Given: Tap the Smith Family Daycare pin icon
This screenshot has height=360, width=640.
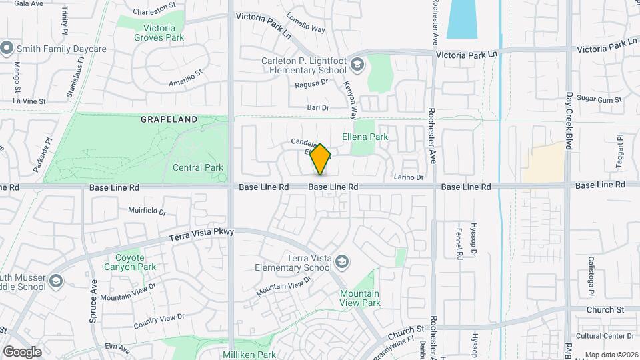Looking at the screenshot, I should click(7, 49).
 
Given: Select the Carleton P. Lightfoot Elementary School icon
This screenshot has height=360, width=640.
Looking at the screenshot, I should click(357, 64).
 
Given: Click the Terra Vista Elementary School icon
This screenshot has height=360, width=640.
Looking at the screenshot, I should click(342, 261).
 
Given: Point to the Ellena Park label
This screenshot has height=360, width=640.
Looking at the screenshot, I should click(365, 137).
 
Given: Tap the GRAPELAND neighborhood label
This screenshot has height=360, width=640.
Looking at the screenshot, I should click(169, 119).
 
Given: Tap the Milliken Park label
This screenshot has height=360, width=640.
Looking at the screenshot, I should click(249, 355).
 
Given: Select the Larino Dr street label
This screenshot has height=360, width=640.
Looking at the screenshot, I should click(409, 177).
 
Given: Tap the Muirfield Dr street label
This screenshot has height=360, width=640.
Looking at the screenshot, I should click(146, 210).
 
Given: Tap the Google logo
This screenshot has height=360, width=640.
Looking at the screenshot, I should click(21, 351).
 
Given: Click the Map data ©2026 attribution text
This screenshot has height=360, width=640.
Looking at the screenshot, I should click(611, 355).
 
